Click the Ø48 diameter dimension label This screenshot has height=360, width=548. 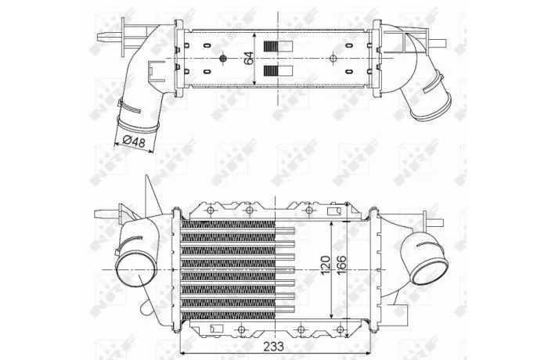[134, 142]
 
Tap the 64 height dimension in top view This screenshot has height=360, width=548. [248, 58]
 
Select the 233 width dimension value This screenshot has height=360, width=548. [274, 347]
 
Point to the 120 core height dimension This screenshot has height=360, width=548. [326, 265]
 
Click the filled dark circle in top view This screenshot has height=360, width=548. [223, 59]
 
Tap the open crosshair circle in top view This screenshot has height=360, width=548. [333, 58]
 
